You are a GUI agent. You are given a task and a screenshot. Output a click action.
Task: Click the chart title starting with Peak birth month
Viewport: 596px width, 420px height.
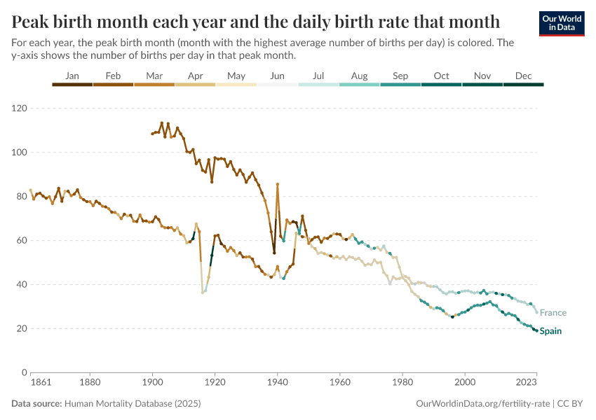(x=256, y=21)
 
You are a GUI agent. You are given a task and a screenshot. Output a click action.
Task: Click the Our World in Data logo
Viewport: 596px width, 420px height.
(x=561, y=24)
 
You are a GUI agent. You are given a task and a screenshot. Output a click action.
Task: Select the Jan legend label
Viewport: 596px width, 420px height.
(x=72, y=76)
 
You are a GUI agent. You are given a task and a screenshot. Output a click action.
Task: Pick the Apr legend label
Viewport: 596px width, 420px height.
(x=196, y=76)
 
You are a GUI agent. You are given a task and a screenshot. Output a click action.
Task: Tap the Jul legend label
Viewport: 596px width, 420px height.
(x=318, y=76)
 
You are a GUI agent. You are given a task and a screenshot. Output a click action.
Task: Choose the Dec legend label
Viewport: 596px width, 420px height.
(x=523, y=76)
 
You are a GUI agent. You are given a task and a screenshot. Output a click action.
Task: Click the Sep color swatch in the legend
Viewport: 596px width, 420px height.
(x=400, y=85)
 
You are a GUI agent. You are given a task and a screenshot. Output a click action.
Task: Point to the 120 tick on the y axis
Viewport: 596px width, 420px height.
(x=18, y=108)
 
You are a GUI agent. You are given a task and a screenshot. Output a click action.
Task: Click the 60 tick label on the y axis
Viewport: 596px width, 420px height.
(x=21, y=240)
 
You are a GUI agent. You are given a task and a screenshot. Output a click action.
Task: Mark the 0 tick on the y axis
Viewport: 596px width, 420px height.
(x=23, y=372)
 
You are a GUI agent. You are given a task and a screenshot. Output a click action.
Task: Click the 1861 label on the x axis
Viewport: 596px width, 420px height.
(x=31, y=383)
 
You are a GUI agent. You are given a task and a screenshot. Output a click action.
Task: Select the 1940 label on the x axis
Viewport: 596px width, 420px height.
(x=278, y=383)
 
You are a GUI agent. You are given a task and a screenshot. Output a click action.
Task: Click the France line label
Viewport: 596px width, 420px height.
(x=553, y=313)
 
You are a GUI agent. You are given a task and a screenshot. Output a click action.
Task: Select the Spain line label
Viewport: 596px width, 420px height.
(x=551, y=331)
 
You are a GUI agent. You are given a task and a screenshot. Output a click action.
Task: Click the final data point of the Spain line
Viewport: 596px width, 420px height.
(x=536, y=330)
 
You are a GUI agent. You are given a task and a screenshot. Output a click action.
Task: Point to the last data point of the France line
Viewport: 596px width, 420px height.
(x=536, y=312)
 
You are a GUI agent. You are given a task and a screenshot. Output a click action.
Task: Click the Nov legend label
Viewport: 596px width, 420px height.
(x=482, y=76)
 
